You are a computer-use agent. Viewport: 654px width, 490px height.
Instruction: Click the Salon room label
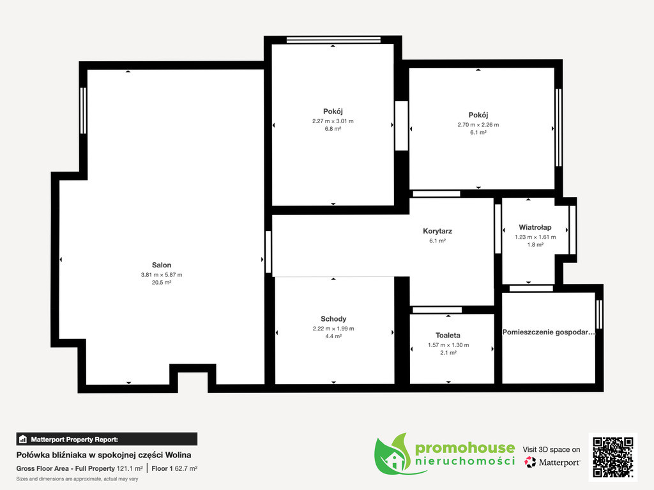click(162, 265)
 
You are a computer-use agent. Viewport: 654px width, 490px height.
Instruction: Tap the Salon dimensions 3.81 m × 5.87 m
click(162, 275)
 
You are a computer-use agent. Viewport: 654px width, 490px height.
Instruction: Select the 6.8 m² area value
click(333, 129)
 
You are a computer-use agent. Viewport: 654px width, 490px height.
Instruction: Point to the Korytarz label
click(437, 231)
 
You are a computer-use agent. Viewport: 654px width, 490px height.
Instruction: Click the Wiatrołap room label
click(535, 227)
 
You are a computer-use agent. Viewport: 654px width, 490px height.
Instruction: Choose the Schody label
click(333, 319)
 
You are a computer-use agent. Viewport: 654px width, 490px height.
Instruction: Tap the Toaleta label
click(448, 336)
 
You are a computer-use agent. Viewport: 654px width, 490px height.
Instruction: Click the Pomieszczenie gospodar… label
click(549, 332)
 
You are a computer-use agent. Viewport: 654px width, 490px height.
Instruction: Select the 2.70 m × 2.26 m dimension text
click(478, 124)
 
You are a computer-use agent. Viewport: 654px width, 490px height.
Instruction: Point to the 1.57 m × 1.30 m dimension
click(448, 345)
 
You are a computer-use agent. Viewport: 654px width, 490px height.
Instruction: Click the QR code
click(613, 457)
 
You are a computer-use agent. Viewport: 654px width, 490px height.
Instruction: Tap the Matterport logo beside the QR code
click(552, 462)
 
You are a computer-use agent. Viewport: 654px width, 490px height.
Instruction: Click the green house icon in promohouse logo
click(393, 459)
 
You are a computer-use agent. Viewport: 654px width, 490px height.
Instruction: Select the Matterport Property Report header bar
click(107, 439)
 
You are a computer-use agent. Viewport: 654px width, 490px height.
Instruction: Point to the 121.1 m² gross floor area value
click(130, 469)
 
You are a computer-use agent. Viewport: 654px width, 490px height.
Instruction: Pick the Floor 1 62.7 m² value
click(174, 469)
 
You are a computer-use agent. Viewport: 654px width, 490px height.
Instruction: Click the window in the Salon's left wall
click(83, 110)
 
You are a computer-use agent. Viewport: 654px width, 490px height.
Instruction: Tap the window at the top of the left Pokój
click(333, 40)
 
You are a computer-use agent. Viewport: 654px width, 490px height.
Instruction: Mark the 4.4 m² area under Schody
click(333, 336)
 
